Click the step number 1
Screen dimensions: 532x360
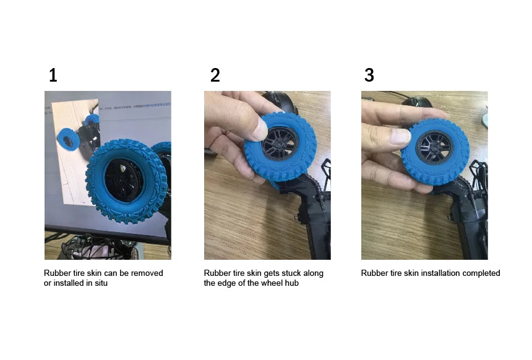pyautogui.click(x=53, y=75)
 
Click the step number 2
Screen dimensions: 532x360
pyautogui.click(x=215, y=75)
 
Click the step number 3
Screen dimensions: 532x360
pyautogui.click(x=369, y=75)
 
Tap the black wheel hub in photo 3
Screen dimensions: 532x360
pyautogui.click(x=435, y=147)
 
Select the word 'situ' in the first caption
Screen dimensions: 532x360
pyautogui.click(x=101, y=283)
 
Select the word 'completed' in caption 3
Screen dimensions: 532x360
pyautogui.click(x=481, y=273)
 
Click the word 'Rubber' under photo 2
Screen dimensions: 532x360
pyautogui.click(x=216, y=273)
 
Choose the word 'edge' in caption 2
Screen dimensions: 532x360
pyautogui.click(x=225, y=283)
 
